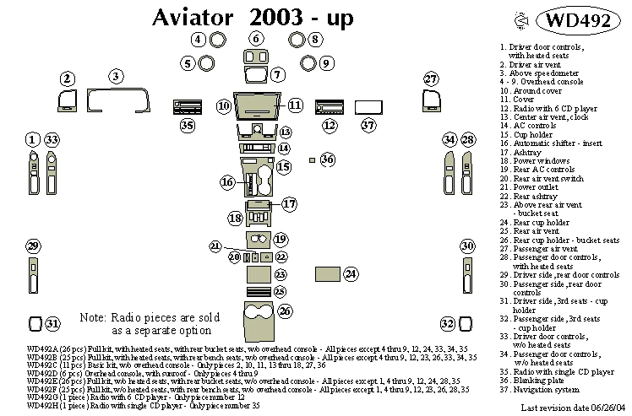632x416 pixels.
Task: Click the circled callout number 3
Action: [x=114, y=78]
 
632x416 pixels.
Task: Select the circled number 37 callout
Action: [x=368, y=126]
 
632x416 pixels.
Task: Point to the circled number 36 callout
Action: [x=328, y=159]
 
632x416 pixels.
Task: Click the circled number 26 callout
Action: [x=286, y=312]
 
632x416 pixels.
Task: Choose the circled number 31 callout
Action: [x=52, y=324]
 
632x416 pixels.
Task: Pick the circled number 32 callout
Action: [x=448, y=324]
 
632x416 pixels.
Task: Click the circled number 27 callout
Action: [x=431, y=79]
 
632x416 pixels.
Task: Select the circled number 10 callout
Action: [x=222, y=106]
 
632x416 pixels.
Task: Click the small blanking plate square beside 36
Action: [x=312, y=159]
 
